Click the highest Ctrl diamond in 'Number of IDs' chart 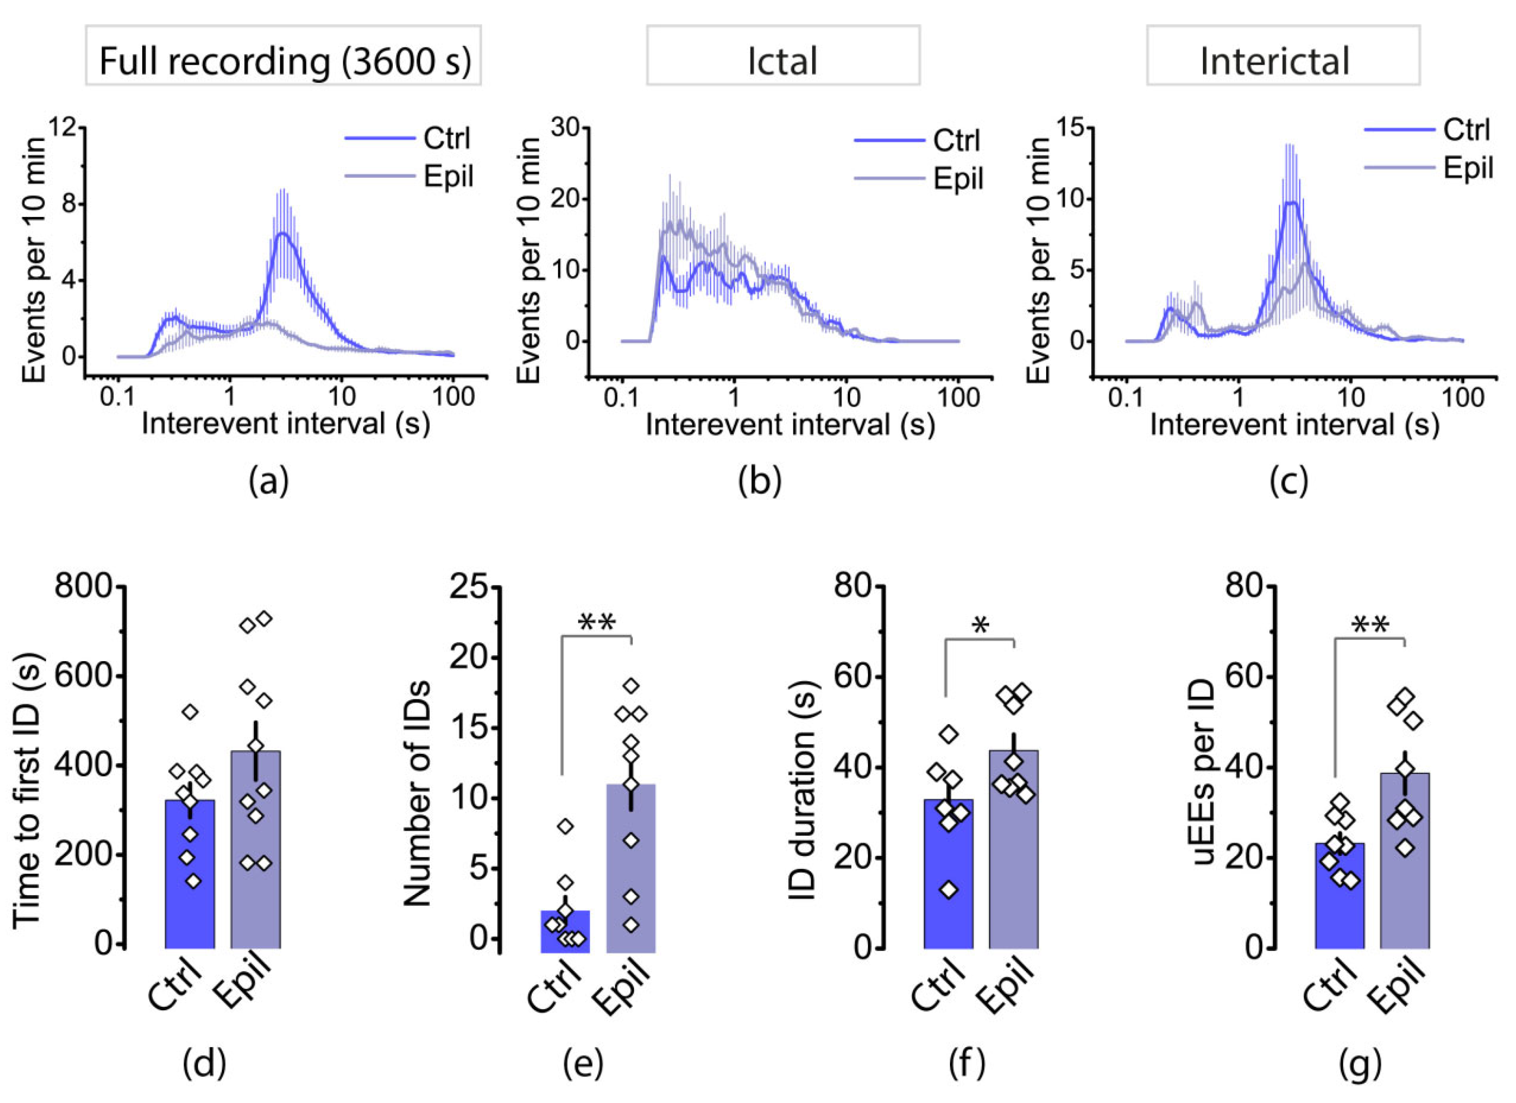[x=566, y=826]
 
